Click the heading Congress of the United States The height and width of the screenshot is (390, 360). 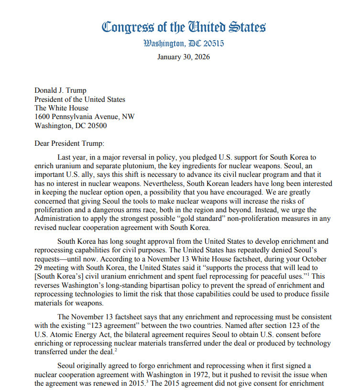184,27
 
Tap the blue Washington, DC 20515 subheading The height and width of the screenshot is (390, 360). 184,44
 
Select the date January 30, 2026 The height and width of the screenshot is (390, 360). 184,57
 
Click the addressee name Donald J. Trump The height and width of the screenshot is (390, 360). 61,90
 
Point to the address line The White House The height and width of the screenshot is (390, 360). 61,108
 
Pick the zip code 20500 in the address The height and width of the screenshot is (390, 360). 97,126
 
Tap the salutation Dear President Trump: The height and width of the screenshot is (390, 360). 69,143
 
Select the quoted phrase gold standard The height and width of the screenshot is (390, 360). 232,219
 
